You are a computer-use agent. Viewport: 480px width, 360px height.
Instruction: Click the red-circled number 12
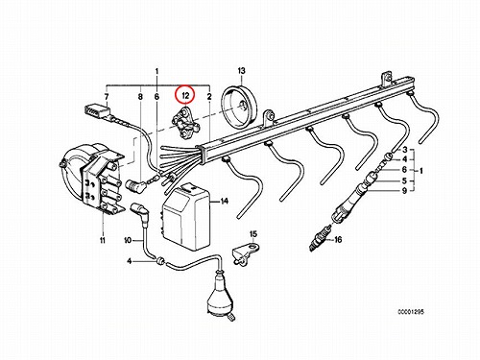[x=185, y=95]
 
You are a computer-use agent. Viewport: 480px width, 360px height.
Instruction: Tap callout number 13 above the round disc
[x=241, y=70]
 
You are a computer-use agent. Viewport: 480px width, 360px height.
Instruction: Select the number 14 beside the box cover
[x=225, y=202]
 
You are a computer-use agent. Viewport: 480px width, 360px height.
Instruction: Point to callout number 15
[x=253, y=234]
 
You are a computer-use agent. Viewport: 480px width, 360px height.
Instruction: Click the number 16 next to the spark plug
[x=338, y=239]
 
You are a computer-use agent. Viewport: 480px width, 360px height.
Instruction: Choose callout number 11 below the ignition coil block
[x=103, y=240]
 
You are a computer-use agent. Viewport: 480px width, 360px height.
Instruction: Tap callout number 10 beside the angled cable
[x=128, y=240]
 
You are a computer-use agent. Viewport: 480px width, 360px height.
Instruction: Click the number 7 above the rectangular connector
[x=107, y=96]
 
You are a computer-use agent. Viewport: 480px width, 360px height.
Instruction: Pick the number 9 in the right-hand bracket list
[x=404, y=191]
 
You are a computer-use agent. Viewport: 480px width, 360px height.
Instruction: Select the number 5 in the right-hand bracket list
[x=404, y=180]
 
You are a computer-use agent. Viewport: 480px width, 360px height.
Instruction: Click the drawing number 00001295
[x=411, y=312]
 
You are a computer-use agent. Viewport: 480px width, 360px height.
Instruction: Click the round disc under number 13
[x=239, y=108]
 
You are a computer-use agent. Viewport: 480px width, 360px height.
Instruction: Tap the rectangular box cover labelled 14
[x=186, y=217]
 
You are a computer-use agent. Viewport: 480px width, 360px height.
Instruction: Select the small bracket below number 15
[x=245, y=252]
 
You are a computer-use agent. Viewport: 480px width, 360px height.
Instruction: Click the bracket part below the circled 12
[x=185, y=123]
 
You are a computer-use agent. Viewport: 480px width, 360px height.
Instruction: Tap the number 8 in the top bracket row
[x=140, y=96]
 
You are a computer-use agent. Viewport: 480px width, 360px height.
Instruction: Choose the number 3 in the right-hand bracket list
[x=405, y=150]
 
